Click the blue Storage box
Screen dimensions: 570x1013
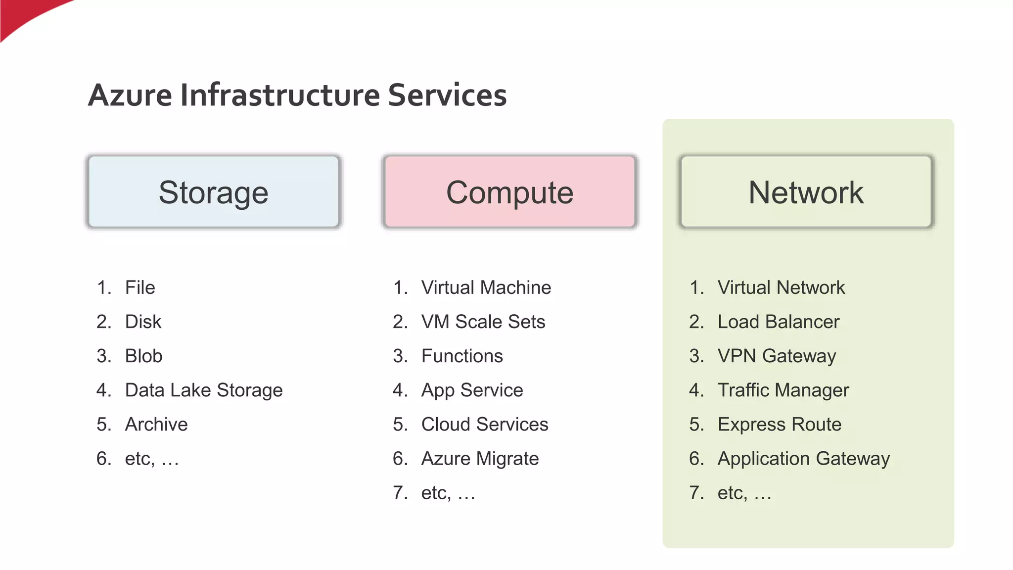[214, 192]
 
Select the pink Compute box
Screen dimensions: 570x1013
[509, 192]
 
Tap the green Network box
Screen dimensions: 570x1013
[806, 192]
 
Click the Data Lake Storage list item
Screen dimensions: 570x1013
[203, 390]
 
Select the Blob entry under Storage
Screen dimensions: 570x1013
[143, 356]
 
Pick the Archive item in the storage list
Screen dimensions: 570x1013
[156, 424]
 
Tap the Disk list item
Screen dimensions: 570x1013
[143, 322]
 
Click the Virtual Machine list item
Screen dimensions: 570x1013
[486, 287]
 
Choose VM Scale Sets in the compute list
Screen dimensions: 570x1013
[483, 322]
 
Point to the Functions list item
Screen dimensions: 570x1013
[461, 356]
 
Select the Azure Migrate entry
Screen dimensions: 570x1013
[480, 459]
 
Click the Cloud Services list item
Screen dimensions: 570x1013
[484, 424]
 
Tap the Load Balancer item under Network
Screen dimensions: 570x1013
[778, 322]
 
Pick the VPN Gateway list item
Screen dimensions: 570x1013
[777, 356]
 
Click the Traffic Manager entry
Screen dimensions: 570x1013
[783, 390]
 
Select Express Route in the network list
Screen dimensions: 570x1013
[779, 424]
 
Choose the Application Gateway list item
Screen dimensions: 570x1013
[803, 459]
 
